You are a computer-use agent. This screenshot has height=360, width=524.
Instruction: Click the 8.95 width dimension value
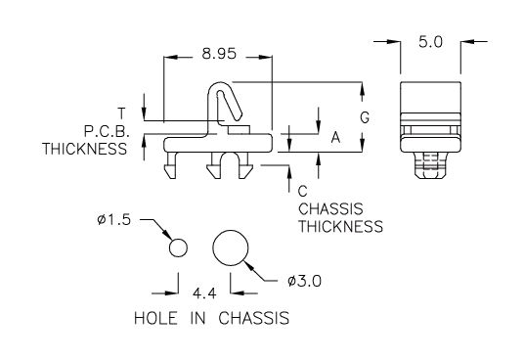219,54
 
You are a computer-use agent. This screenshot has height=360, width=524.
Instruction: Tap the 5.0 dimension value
430,42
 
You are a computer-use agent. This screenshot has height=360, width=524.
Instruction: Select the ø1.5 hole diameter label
114,220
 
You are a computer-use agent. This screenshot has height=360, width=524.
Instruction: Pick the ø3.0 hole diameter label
304,281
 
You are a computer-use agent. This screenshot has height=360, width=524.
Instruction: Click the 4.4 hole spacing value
204,293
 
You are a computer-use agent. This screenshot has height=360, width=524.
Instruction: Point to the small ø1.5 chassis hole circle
178,248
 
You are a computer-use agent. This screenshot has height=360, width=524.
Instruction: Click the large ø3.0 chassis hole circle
231,248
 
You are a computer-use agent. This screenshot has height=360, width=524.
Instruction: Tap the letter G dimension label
365,117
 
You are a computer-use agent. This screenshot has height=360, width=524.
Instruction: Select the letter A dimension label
335,137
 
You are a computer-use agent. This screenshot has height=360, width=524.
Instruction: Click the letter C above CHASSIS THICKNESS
302,192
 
